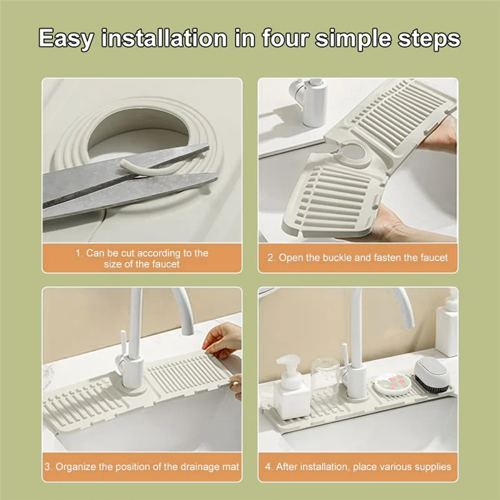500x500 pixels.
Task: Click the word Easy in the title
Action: tap(66, 39)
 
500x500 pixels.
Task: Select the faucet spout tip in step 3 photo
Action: tap(188, 329)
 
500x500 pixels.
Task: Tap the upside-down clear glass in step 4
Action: tap(324, 376)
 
